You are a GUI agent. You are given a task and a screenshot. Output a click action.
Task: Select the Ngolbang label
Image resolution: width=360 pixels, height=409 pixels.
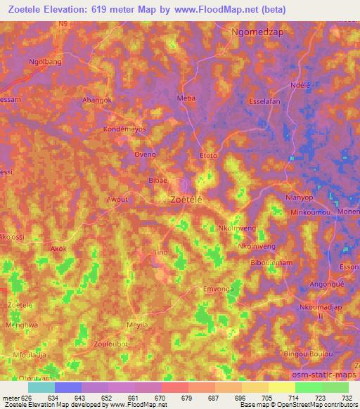[44, 61]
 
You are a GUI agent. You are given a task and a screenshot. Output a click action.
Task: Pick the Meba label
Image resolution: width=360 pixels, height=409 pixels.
[186, 98]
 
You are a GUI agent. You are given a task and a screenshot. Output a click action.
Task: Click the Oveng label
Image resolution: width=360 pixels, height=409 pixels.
[145, 153]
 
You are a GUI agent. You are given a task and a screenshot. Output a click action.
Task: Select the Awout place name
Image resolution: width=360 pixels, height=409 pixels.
[117, 199]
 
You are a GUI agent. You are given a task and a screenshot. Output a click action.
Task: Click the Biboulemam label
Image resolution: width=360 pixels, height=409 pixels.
[271, 262]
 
